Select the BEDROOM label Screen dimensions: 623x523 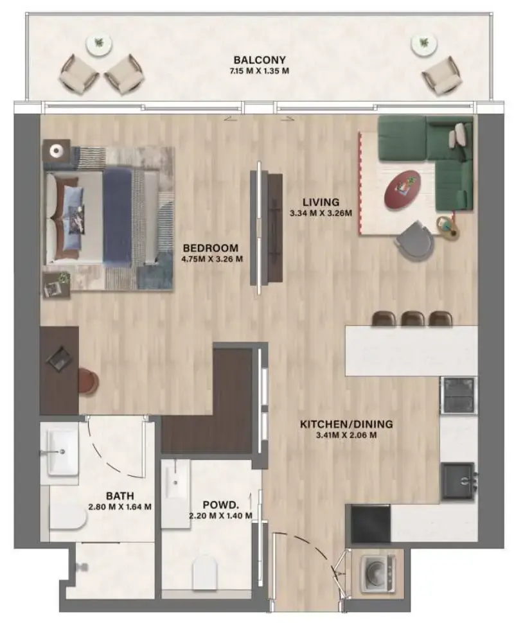coord(211,248)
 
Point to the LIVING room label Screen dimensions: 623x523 coord(321,202)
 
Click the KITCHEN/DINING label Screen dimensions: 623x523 coord(346,425)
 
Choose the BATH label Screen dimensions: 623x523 coord(120,496)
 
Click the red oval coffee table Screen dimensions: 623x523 coord(401,189)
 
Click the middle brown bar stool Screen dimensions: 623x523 coord(412,318)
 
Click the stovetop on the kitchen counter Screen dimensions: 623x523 coord(459,395)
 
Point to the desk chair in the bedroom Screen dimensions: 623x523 coord(88,380)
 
